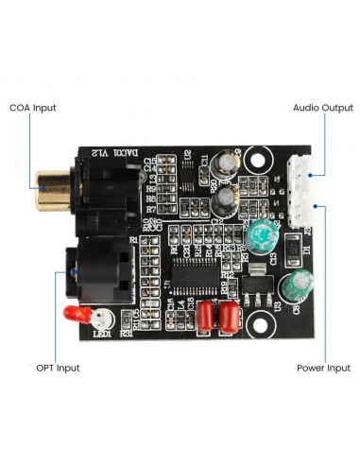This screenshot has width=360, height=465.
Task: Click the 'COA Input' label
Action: pos(33,109)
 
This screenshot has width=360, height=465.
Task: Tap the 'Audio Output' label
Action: pos(322,108)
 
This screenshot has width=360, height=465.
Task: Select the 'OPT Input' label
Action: pos(58,367)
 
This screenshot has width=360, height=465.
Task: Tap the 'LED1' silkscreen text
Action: pos(102,333)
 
